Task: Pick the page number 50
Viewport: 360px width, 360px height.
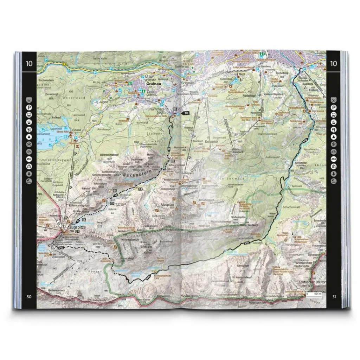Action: coord(29,296)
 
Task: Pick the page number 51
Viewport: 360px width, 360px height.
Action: coord(334,296)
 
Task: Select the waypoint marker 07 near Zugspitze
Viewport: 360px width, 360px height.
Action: coord(77,232)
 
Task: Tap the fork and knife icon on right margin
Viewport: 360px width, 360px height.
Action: coord(334,130)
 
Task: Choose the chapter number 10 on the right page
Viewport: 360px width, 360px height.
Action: coord(334,63)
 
